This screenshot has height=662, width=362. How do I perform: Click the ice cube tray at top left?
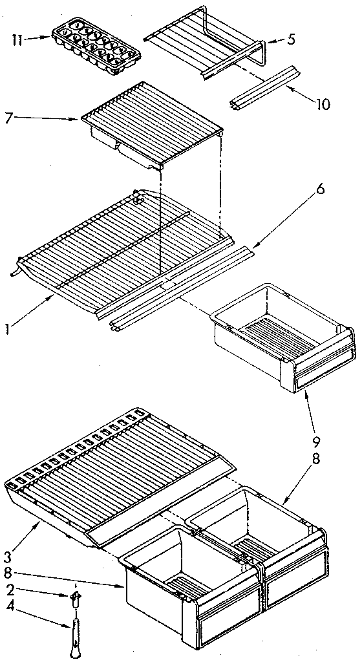point(96,47)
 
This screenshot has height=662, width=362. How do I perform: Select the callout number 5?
point(292,39)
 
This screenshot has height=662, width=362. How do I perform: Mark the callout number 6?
point(321,191)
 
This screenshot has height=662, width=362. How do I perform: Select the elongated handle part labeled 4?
point(77,634)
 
